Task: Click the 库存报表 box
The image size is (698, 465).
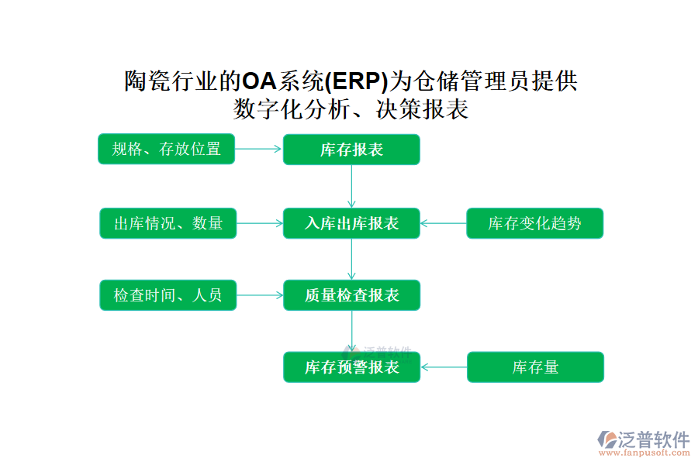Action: (x=351, y=150)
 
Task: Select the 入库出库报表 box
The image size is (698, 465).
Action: (x=351, y=223)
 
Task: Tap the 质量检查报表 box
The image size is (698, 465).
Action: (x=351, y=295)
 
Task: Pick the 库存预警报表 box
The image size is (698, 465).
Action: (x=351, y=367)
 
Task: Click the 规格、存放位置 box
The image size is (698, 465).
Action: (x=166, y=149)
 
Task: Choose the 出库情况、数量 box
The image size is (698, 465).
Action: (x=168, y=223)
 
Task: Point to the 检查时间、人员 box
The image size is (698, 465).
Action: (x=168, y=295)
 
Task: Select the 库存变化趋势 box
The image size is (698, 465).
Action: (x=534, y=223)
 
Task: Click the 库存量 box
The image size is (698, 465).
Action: (x=535, y=367)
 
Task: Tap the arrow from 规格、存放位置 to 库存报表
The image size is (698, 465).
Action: (x=258, y=149)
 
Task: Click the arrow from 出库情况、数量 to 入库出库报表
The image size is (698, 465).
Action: (x=260, y=223)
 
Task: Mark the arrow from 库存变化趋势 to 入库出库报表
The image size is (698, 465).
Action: (x=444, y=223)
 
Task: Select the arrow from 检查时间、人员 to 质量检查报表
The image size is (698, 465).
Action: (x=260, y=295)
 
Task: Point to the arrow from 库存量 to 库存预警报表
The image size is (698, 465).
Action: (x=444, y=367)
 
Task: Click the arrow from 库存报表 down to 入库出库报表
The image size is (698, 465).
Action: (x=351, y=187)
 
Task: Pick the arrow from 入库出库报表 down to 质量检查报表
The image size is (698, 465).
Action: (x=351, y=260)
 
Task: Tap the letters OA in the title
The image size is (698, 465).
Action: (x=260, y=81)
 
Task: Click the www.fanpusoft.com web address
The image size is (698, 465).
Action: (x=644, y=453)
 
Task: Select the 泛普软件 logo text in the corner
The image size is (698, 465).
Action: (x=654, y=439)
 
